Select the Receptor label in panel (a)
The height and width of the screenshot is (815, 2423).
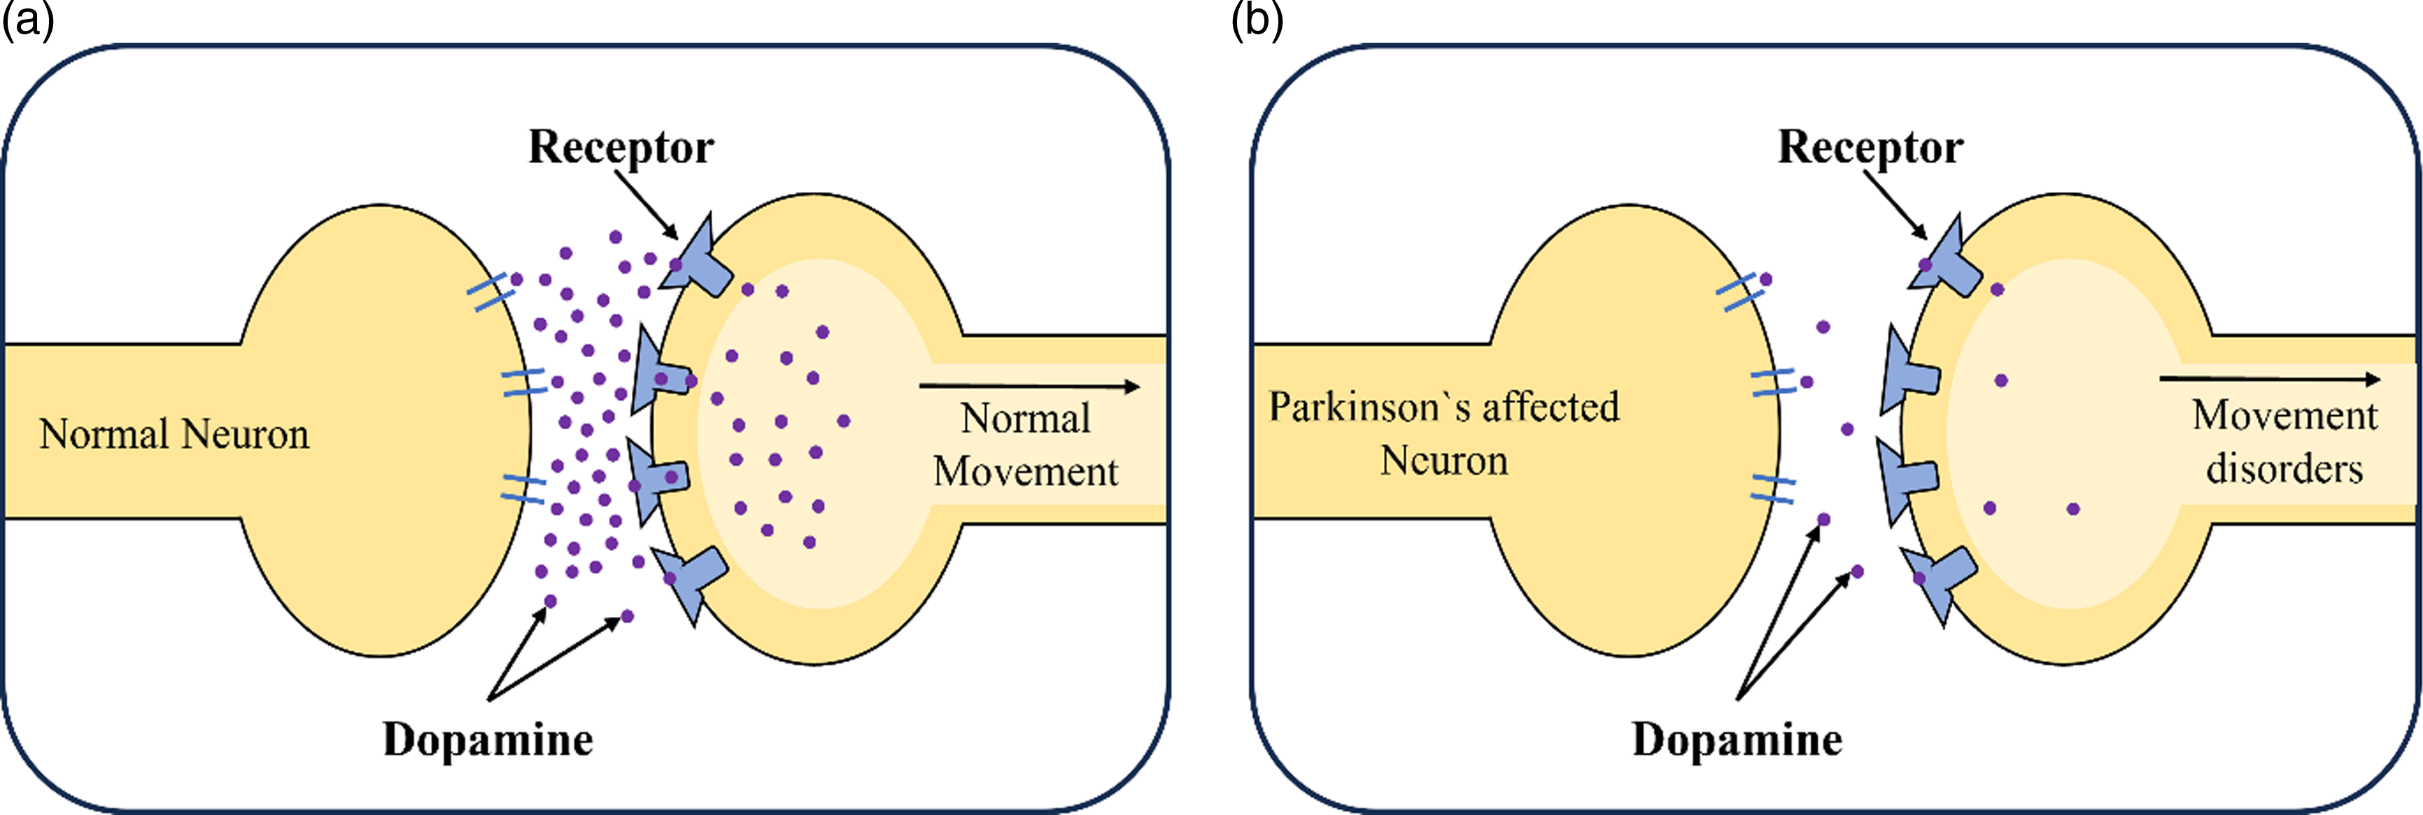pos(621,148)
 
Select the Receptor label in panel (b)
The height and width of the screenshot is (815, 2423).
pos(1870,148)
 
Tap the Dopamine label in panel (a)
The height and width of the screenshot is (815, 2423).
pos(487,739)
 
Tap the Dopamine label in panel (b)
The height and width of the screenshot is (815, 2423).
pos(1737,739)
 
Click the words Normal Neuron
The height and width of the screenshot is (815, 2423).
pos(174,435)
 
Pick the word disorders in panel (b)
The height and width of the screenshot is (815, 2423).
pos(2284,468)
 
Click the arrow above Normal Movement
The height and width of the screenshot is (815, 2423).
pos(1029,386)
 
